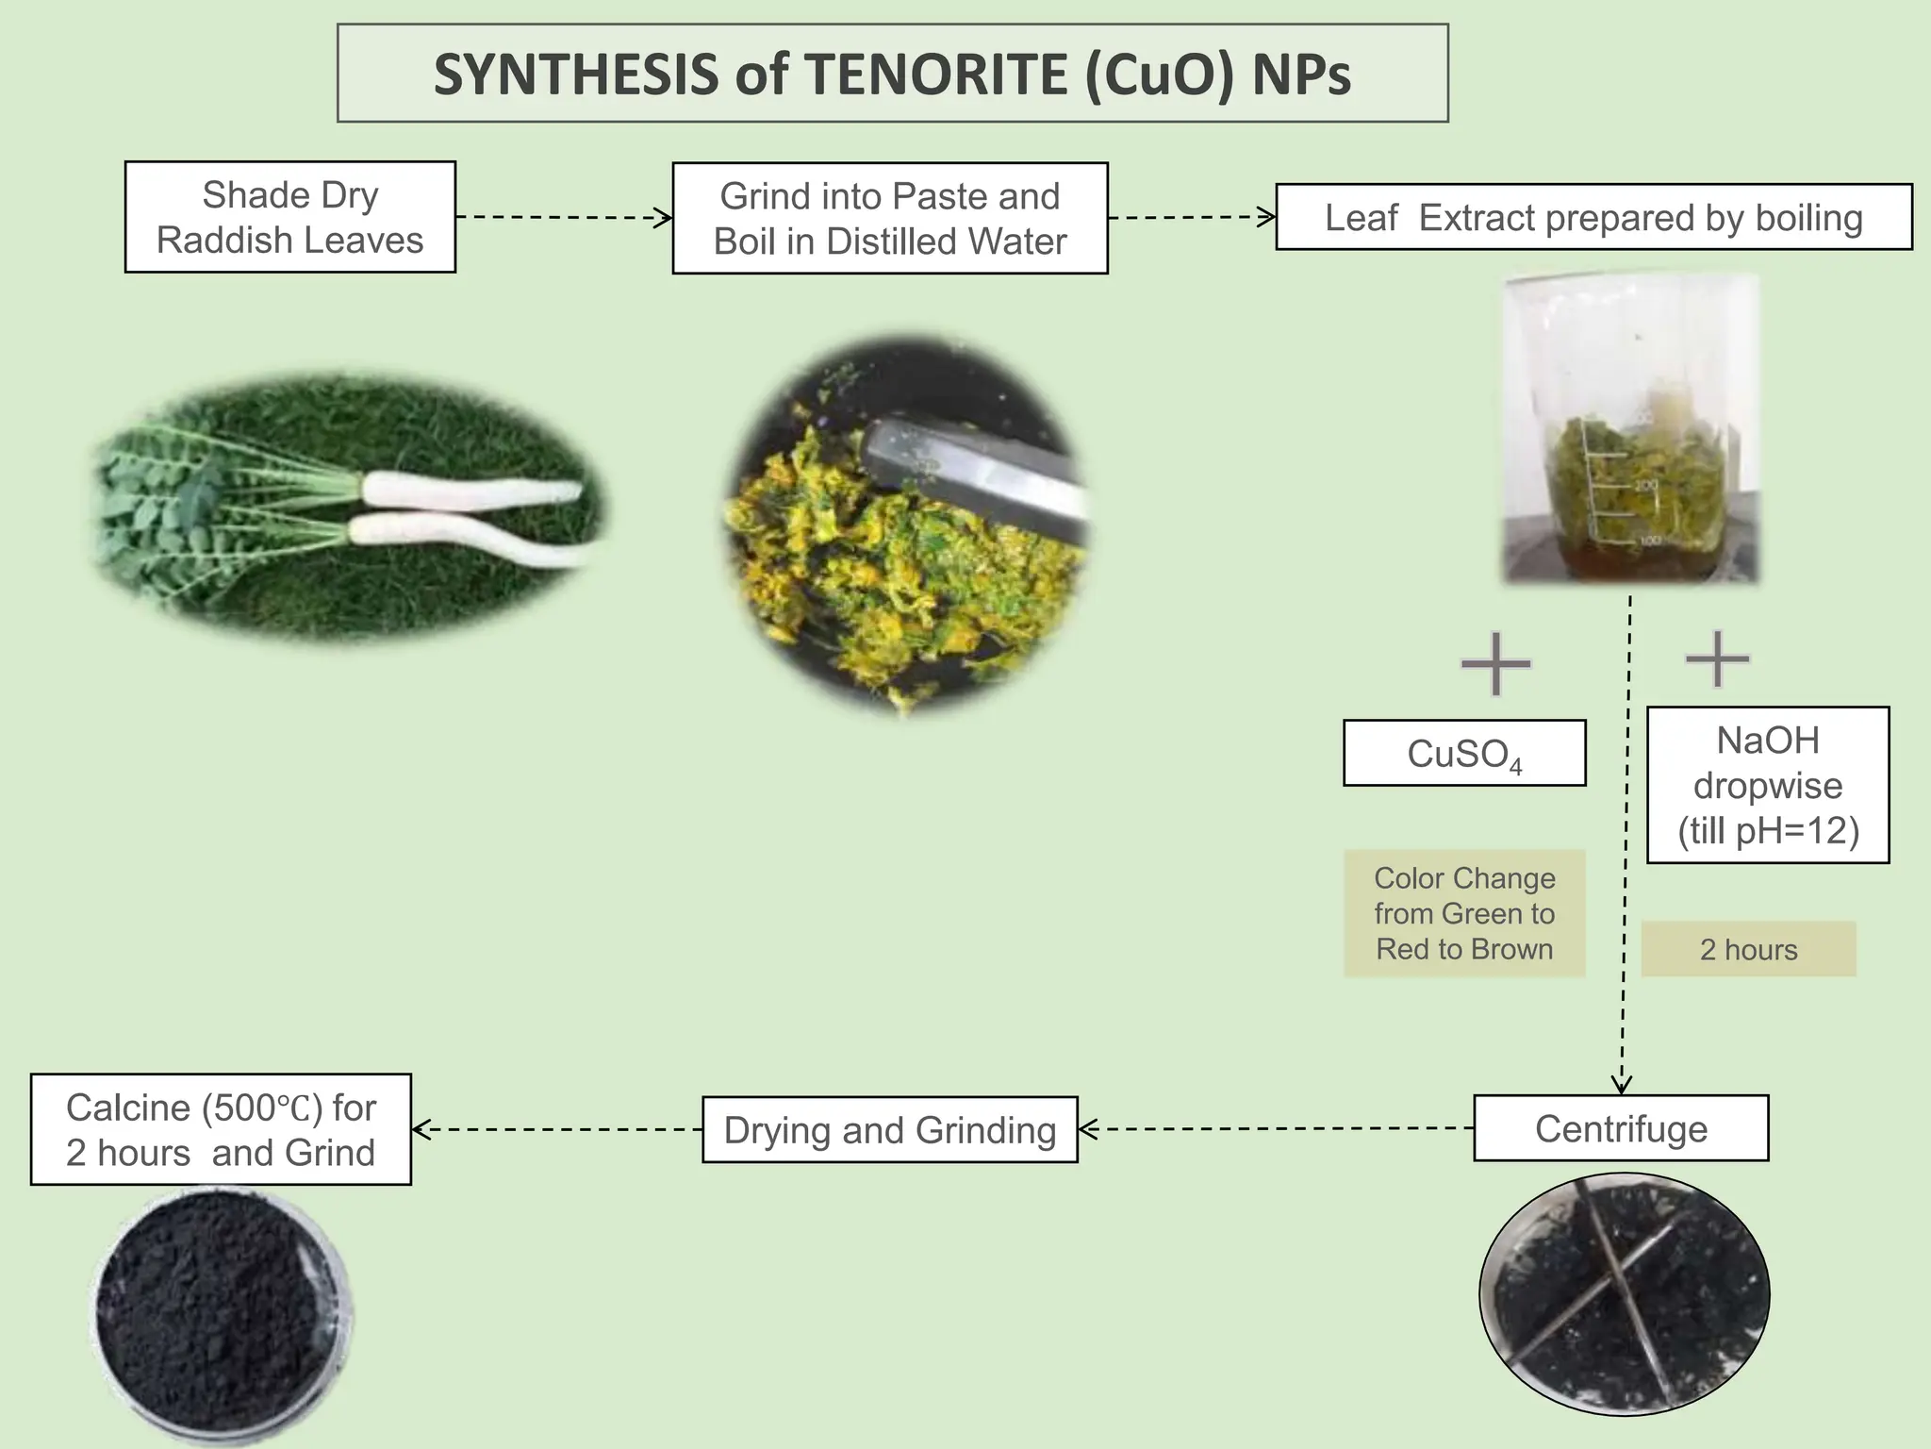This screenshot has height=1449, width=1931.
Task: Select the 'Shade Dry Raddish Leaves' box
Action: pos(290,217)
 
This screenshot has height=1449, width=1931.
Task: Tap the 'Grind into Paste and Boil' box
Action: pos(890,218)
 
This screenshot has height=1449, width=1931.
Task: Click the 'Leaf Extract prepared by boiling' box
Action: pos(1593,217)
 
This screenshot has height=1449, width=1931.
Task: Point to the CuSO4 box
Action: pos(1464,754)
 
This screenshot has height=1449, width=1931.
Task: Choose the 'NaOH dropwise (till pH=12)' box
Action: pos(1768,785)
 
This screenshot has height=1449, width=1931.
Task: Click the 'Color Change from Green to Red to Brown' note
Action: pos(1464,913)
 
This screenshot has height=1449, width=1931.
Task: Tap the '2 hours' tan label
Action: pos(1748,949)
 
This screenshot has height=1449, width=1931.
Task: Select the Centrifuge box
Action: pos(1621,1128)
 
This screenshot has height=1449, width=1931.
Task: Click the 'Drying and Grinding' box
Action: pos(890,1129)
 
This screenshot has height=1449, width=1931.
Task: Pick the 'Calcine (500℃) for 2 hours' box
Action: pos(221,1129)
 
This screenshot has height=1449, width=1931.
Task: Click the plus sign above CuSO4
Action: pos(1495,664)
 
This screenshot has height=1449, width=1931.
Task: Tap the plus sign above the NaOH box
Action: pos(1717,658)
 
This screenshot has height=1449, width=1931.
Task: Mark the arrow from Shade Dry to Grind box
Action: pos(564,218)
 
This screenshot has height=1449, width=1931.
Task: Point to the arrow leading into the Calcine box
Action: pos(556,1129)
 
